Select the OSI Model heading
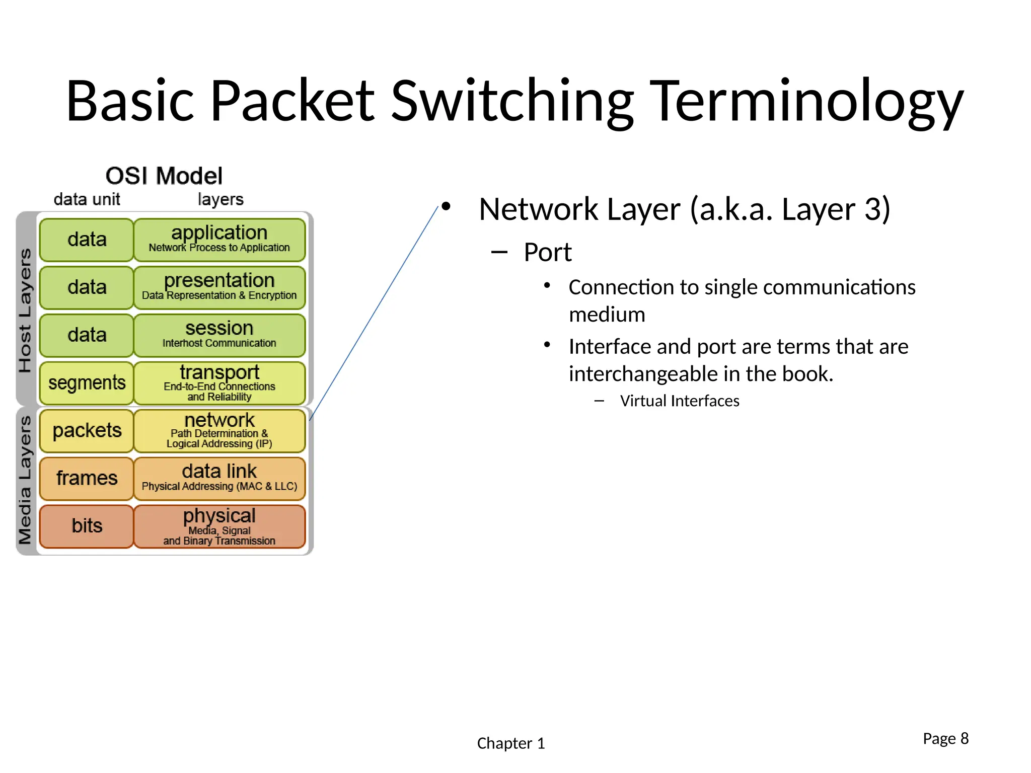click(164, 176)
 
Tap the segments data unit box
click(87, 383)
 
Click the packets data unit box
click(87, 431)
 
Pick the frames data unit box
click(87, 478)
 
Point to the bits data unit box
click(87, 526)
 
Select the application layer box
click(219, 239)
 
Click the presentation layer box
click(219, 287)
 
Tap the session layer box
click(219, 335)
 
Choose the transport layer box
click(219, 383)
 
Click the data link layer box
click(219, 478)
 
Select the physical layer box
click(219, 526)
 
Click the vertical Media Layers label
click(25, 481)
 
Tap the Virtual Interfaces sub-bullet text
click(679, 401)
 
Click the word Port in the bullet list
click(547, 252)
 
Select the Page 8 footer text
click(945, 738)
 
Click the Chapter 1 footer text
click(510, 743)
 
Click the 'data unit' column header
click(87, 199)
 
